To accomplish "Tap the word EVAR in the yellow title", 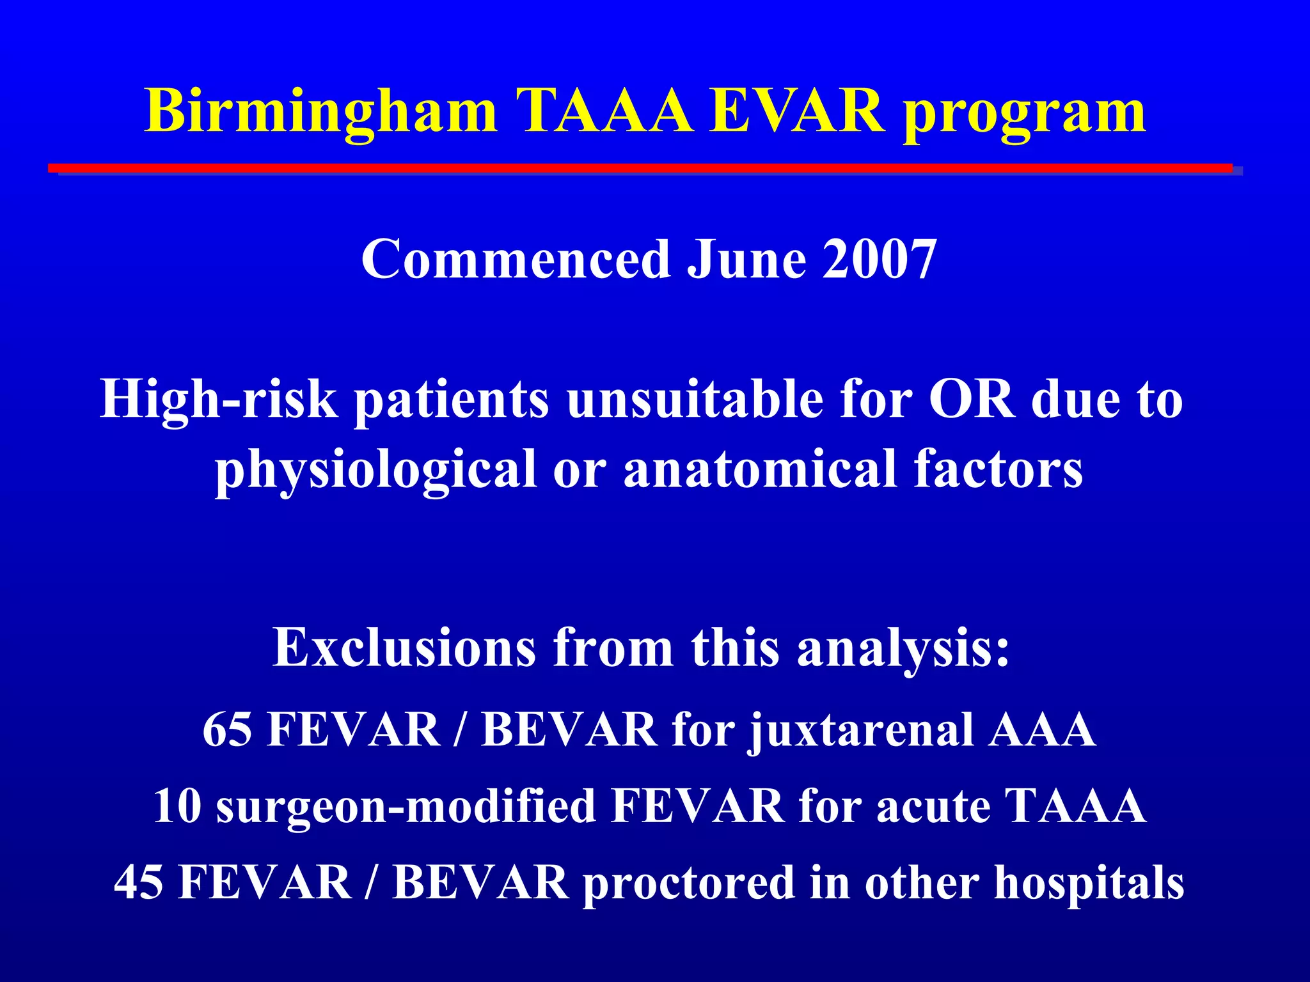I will click(797, 112).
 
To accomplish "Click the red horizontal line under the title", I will click(640, 168).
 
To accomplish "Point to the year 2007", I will click(880, 259).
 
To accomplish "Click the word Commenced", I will click(516, 259).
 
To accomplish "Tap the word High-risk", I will click(218, 400).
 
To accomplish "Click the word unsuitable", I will click(695, 400).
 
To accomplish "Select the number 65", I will click(227, 729).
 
